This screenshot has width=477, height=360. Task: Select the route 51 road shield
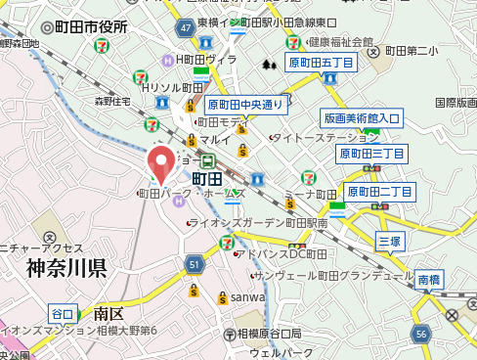point(194,264)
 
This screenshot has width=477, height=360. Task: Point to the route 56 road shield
point(421,335)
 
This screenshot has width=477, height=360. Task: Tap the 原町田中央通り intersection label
point(245,104)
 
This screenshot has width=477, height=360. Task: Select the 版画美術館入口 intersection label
point(361,118)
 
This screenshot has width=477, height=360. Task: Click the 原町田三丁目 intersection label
point(371,154)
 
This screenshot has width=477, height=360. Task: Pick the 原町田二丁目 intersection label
point(381,191)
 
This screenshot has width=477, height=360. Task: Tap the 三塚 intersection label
point(389,240)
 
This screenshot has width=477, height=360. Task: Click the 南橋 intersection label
point(429,279)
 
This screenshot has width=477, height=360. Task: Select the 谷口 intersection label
point(63,314)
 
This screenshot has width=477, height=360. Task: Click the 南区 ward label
point(108,314)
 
